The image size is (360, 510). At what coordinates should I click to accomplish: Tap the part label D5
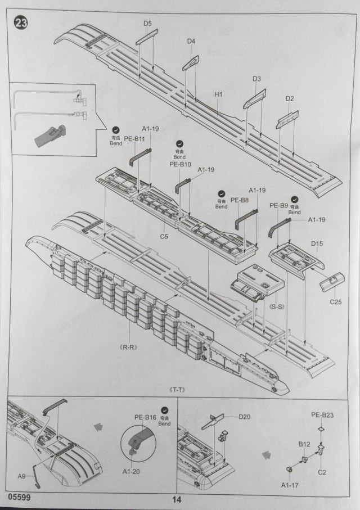147,24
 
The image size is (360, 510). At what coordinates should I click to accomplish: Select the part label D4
191,41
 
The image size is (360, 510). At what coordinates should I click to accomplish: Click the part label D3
256,79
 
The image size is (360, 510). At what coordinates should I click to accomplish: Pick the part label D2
290,98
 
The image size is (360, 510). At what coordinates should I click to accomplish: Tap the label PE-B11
134,139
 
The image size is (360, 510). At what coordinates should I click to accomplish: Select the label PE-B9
279,205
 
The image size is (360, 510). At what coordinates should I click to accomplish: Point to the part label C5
164,237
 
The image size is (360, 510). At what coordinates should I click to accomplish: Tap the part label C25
336,303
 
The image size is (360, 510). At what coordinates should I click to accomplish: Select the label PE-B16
145,417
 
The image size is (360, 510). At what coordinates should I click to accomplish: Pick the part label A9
21,476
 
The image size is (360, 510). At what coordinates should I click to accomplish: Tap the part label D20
244,417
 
